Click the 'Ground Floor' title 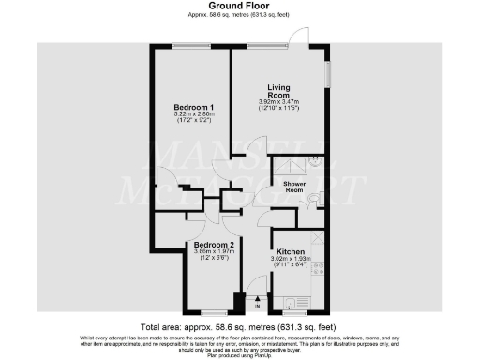tap(240, 6)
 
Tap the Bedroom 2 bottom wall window tap(214, 311)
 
